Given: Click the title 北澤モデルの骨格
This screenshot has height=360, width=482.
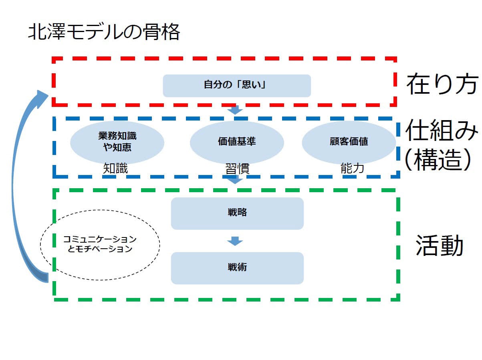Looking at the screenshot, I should (104, 32).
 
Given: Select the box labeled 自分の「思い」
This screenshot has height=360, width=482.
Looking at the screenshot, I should (236, 85).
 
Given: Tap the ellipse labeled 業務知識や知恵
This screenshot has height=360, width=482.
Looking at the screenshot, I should (117, 142).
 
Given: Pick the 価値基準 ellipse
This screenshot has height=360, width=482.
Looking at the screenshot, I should (237, 142).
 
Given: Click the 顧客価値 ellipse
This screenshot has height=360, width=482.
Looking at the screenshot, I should (349, 142).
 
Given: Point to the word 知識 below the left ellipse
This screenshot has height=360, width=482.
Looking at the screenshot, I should (115, 169).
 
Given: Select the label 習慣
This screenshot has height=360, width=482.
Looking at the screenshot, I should (237, 169).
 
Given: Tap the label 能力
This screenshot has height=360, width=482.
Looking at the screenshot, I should (352, 169).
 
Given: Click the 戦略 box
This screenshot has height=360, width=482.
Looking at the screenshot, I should (237, 213).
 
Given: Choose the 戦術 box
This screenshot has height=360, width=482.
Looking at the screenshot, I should (237, 268).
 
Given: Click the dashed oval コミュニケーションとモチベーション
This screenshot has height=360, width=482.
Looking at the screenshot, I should (100, 244).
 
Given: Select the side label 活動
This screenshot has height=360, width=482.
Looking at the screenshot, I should (440, 245).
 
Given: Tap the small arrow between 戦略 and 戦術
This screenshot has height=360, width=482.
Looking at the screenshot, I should (235, 241).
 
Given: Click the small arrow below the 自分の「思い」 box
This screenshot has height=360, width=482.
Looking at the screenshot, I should (235, 110).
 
